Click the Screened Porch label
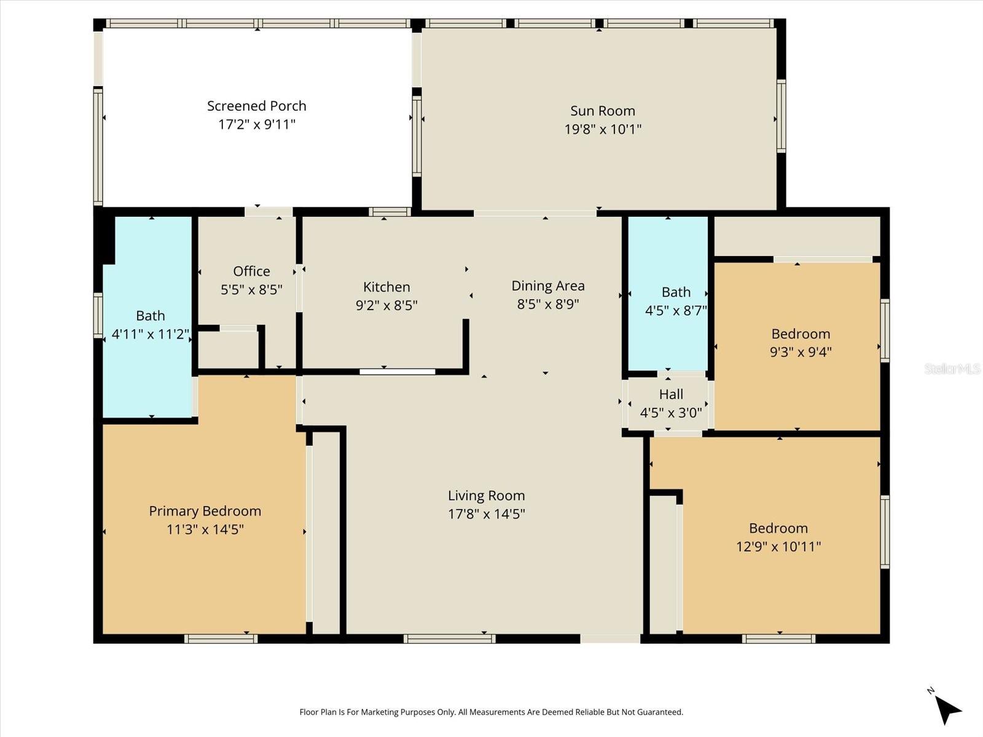pyautogui.click(x=256, y=106)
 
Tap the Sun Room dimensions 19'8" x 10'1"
pyautogui.click(x=603, y=130)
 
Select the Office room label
pyautogui.click(x=251, y=271)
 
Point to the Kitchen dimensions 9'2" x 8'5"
pyautogui.click(x=386, y=305)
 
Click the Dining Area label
pyautogui.click(x=548, y=286)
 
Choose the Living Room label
pyautogui.click(x=486, y=496)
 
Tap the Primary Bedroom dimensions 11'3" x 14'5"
pyautogui.click(x=205, y=529)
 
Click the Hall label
pyautogui.click(x=671, y=394)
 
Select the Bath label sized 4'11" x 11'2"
pyautogui.click(x=151, y=316)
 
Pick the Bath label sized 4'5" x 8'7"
pyautogui.click(x=676, y=292)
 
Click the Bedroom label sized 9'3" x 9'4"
pyautogui.click(x=801, y=333)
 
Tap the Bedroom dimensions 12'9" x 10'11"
pyautogui.click(x=778, y=547)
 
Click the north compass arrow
pyautogui.click(x=948, y=710)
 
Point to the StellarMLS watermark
pyautogui.click(x=952, y=368)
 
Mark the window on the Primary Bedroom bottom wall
pyautogui.click(x=221, y=639)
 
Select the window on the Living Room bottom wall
pyautogui.click(x=449, y=639)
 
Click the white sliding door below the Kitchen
pyautogui.click(x=398, y=372)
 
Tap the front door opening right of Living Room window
pyautogui.click(x=610, y=639)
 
